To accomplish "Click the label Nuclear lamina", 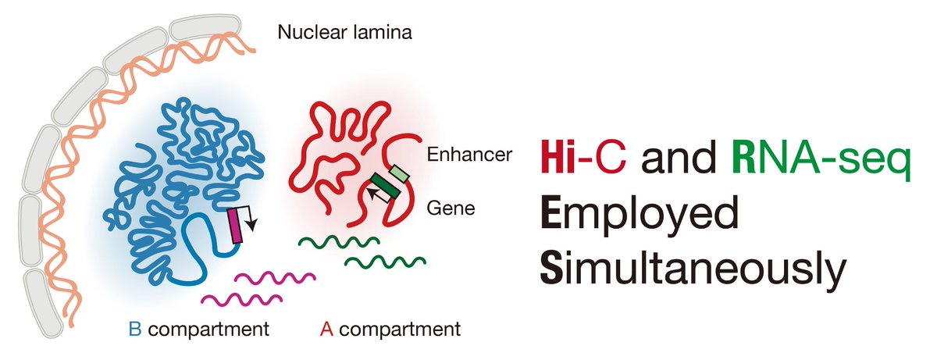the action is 344,34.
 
